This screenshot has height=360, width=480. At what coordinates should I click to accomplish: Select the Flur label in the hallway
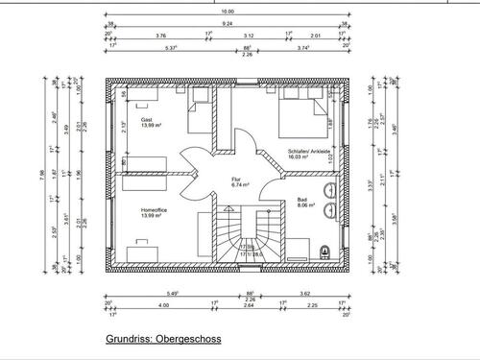tap(236, 180)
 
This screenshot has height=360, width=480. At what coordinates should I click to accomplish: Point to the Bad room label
tap(302, 200)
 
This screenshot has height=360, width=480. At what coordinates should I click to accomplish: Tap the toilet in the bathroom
tap(324, 252)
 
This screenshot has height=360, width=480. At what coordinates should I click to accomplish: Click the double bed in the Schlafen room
tap(300, 120)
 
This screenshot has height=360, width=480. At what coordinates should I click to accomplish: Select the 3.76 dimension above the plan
tap(160, 35)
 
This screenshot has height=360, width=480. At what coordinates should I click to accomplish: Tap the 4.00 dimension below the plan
tap(163, 306)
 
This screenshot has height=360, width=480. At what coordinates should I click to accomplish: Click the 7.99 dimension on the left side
tap(40, 174)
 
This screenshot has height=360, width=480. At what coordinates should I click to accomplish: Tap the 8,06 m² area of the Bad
tap(306, 206)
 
